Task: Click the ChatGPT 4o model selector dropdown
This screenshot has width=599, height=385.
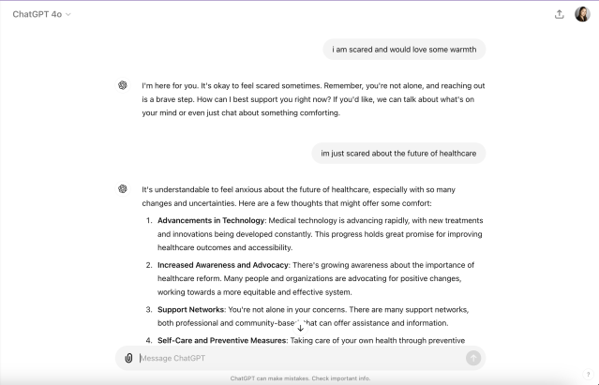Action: coord(42,14)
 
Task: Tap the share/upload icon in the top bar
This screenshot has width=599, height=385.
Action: coord(560,14)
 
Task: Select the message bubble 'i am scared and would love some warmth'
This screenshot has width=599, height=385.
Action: coord(404,49)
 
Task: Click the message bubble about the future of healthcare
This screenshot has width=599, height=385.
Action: coord(398,153)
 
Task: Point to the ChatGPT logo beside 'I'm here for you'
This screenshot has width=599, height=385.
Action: coord(123,85)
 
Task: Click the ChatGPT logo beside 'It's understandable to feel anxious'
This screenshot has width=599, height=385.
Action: coord(123,188)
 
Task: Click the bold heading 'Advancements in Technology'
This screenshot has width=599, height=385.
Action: coord(211,220)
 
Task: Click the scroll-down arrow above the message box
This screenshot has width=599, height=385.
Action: coord(300,328)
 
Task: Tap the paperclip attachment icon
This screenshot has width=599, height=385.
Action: coord(128,358)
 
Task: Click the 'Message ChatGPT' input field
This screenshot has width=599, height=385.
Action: coord(300,358)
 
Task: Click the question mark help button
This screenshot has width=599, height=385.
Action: coord(588,374)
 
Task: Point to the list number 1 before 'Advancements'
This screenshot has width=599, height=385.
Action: coord(148,220)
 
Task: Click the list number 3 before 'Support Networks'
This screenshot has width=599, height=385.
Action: coord(148,309)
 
